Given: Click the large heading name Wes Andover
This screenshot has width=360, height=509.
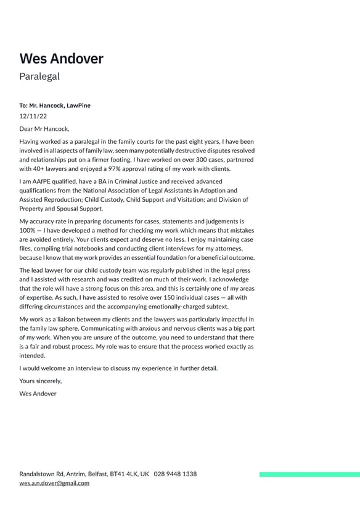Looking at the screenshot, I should (x=61, y=59).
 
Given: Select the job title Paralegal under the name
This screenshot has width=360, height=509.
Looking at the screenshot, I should (x=39, y=77).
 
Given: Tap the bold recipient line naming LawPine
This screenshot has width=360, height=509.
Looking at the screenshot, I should (x=55, y=106).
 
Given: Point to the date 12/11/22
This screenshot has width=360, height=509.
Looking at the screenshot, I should (x=33, y=115).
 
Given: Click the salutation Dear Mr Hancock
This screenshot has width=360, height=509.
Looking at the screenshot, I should (x=44, y=129).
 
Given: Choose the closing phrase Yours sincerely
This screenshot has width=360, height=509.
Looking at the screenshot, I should (x=41, y=381).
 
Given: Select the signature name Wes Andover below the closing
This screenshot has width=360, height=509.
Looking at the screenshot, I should (x=38, y=394).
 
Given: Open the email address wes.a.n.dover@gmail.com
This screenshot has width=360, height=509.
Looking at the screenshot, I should (x=54, y=483).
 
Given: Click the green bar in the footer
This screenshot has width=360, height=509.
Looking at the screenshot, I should (x=309, y=474).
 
